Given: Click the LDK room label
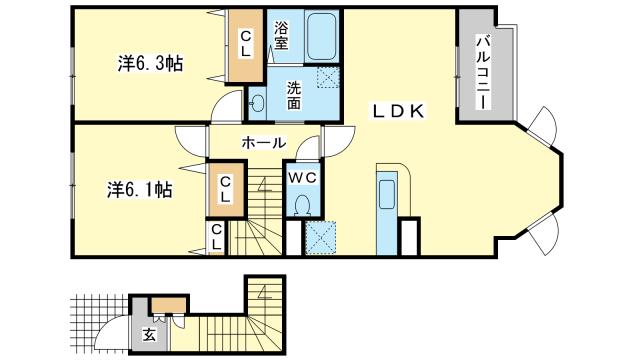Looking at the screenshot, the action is pyautogui.click(x=398, y=111).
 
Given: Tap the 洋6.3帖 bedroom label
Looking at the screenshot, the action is pyautogui.click(x=150, y=64).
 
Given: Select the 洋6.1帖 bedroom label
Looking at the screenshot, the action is pyautogui.click(x=140, y=190).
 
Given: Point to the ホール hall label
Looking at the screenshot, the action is pyautogui.click(x=264, y=143).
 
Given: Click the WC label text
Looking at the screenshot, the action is pyautogui.click(x=302, y=178).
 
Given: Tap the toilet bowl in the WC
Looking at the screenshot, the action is pyautogui.click(x=302, y=205).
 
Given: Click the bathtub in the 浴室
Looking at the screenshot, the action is pyautogui.click(x=322, y=37).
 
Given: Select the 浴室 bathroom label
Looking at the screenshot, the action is pyautogui.click(x=281, y=36).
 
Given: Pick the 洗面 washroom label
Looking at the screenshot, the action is pyautogui.click(x=293, y=95).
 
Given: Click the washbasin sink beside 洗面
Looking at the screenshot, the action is pyautogui.click(x=258, y=102).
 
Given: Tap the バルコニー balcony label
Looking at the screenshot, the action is pyautogui.click(x=483, y=72).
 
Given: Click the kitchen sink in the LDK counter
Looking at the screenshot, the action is pyautogui.click(x=387, y=193).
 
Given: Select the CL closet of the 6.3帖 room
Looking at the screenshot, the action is pyautogui.click(x=245, y=45).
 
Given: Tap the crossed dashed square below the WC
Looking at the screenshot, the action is pyautogui.click(x=320, y=238).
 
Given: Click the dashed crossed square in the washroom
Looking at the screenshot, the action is pyautogui.click(x=328, y=77).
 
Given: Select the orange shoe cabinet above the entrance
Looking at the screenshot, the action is pyautogui.click(x=170, y=305).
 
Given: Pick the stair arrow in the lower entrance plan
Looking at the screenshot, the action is pyautogui.click(x=265, y=292).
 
